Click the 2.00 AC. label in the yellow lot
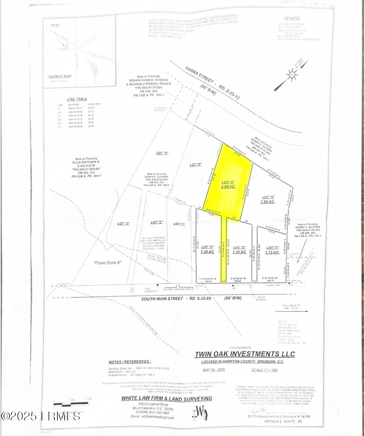[x=228, y=186]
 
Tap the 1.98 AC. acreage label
[x=268, y=202]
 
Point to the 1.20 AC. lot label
[x=240, y=252]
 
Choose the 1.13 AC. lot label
[x=272, y=252]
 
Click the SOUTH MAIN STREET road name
[x=162, y=299]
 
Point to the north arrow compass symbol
[x=291, y=75]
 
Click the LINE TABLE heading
[x=77, y=99]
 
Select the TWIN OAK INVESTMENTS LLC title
[x=245, y=354]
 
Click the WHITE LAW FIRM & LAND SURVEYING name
[x=167, y=399]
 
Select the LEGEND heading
[x=292, y=18]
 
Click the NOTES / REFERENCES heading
[x=129, y=362]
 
